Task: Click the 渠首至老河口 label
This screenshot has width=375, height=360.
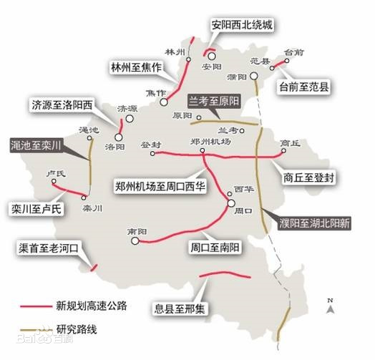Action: tap(52, 249)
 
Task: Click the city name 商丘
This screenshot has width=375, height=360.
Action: tap(289, 142)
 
